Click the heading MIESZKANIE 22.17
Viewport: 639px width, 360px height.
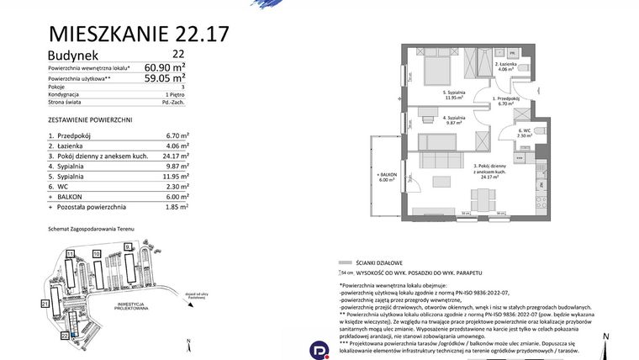tap(139, 34)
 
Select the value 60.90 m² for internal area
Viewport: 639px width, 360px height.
tap(165, 67)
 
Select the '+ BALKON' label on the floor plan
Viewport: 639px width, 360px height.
tap(386, 175)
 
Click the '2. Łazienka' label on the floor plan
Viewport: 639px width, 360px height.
tap(508, 66)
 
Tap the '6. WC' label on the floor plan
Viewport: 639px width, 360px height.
tap(525, 132)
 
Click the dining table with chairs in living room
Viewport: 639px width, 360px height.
tap(481, 200)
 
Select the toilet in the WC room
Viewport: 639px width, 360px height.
tap(540, 132)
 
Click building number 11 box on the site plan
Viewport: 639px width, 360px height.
tap(71, 252)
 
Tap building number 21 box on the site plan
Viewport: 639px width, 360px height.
tap(45, 302)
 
